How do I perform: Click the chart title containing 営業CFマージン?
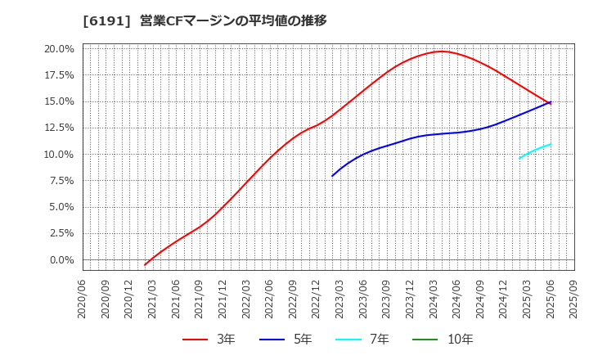point(205,20)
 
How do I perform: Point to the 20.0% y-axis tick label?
point(58,49)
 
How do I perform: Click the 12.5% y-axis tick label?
point(58,128)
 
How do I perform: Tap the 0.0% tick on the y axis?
point(61,260)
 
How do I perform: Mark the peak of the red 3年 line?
point(442,52)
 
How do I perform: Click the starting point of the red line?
point(145,265)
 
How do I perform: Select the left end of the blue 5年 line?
point(332,176)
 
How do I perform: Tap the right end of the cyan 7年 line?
point(551,144)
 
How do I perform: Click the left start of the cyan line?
point(519,158)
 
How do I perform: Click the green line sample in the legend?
point(425,340)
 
